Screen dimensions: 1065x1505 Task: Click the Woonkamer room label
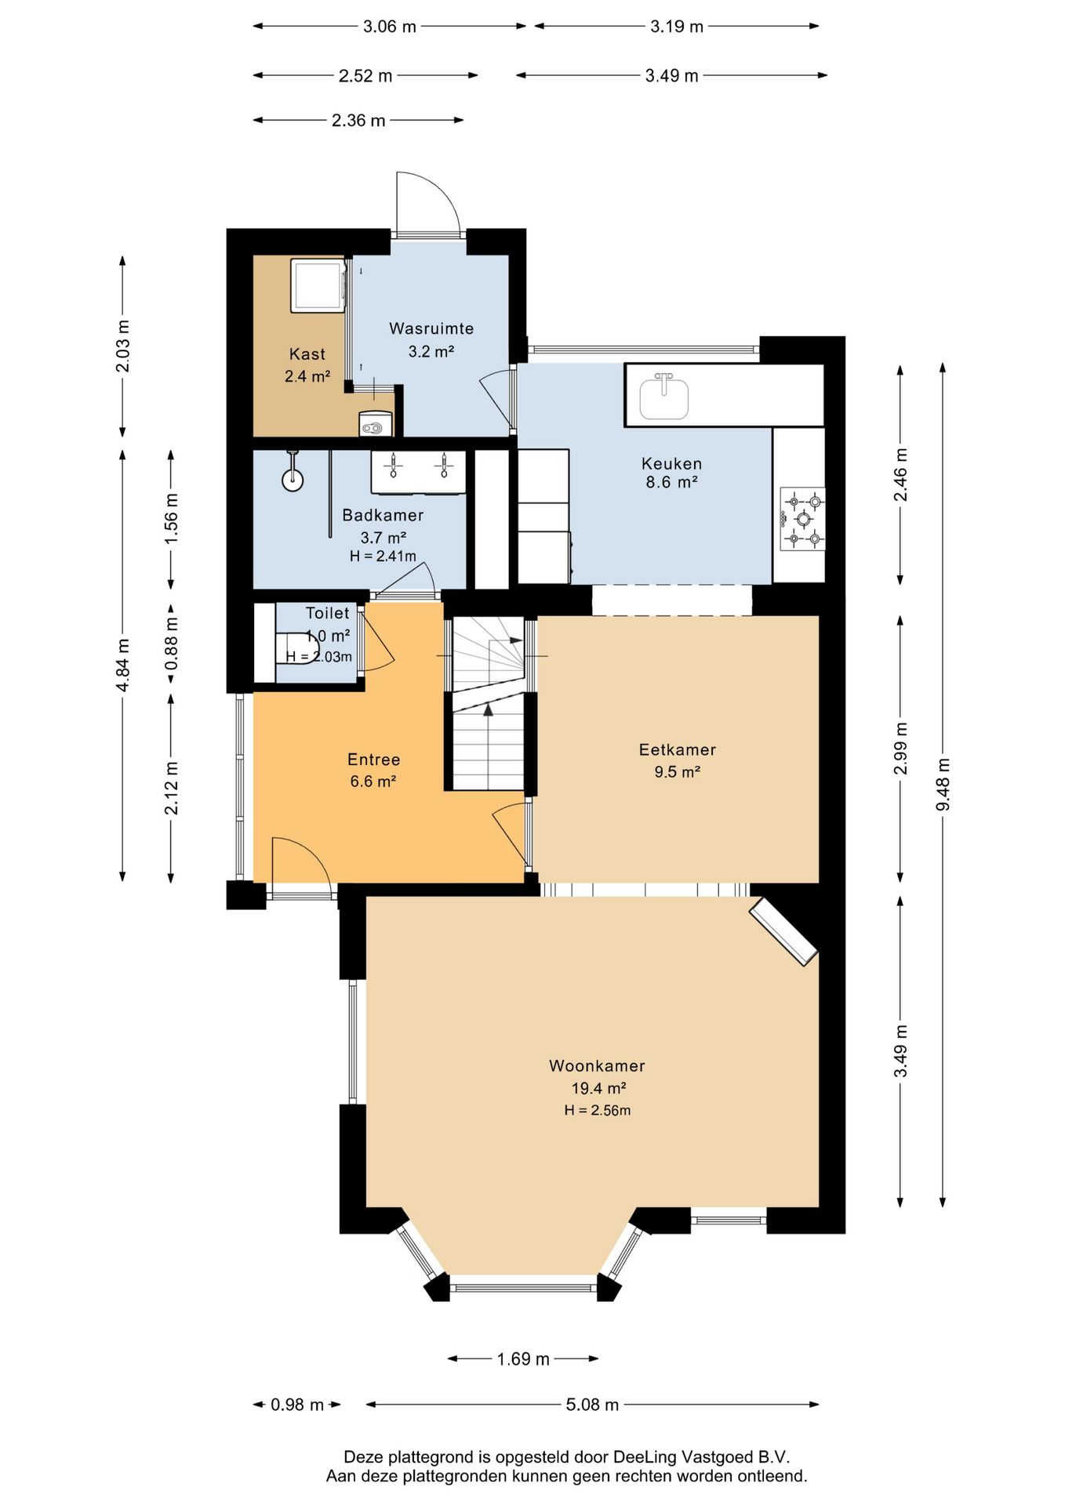pos(597,1066)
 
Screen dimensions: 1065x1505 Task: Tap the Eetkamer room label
pos(678,750)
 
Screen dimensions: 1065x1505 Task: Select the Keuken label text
pos(671,464)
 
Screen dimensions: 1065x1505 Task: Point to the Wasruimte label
pos(431,328)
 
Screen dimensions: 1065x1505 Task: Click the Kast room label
pos(307,354)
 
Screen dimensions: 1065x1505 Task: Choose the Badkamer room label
pos(383,516)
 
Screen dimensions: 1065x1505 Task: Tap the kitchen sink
pos(664,397)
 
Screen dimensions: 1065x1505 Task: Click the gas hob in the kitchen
pos(803,519)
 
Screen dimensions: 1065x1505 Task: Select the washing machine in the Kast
pos(318,285)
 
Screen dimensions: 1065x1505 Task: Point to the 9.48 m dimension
pos(943,785)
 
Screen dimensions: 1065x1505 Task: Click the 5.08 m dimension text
pos(592,1405)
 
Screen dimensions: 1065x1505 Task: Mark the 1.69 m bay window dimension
pos(523,1359)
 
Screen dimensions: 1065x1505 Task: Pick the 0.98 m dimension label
pos(297,1405)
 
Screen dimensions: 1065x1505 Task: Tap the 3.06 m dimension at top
pos(390,27)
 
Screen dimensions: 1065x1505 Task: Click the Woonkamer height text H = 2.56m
pos(598,1111)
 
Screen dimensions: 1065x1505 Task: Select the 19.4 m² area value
pos(598,1089)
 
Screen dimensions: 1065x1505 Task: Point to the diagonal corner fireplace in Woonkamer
pos(783,931)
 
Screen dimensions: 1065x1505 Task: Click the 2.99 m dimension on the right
pos(900,749)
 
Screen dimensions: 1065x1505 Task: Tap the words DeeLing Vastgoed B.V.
pos(701,1457)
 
